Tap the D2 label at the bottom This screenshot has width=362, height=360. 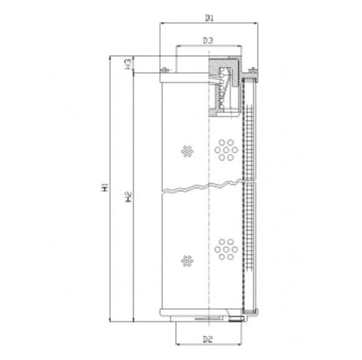tap(208, 339)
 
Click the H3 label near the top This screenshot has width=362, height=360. tap(127, 63)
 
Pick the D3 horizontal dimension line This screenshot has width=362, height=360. tap(209, 46)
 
